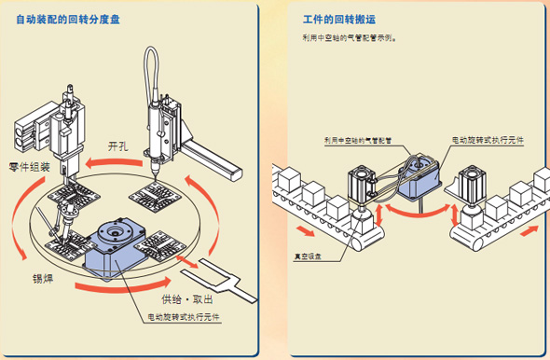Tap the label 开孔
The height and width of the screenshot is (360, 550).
[x=119, y=146]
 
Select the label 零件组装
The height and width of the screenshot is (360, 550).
[x=29, y=168]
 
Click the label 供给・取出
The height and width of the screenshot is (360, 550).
[x=186, y=299]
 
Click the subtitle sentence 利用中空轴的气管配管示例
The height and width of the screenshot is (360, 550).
[x=347, y=39]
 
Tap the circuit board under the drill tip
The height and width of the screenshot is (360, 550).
[x=152, y=196]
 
